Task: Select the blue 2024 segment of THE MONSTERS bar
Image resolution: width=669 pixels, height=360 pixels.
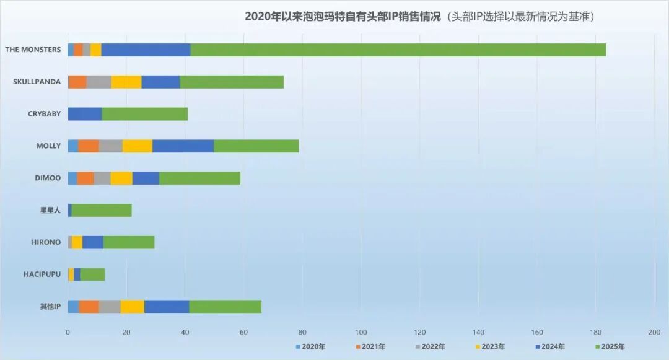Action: [x=146, y=50]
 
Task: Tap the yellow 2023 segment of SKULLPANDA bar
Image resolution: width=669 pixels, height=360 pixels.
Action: [x=126, y=82]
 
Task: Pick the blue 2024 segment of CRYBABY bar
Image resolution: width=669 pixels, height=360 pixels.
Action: [x=85, y=114]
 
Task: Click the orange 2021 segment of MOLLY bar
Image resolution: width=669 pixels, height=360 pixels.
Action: [x=89, y=146]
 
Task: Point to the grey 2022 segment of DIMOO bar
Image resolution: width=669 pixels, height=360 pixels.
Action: [x=102, y=178]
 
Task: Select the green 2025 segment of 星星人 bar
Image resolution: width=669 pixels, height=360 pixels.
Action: [x=102, y=211]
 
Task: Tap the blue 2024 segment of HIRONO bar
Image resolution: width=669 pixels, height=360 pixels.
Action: [x=93, y=242]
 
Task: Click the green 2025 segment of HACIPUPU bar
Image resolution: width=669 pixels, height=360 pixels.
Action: [x=92, y=274]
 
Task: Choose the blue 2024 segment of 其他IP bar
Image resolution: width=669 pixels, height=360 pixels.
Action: [x=167, y=307]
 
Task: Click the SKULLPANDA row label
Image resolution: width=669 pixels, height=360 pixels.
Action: [x=37, y=82]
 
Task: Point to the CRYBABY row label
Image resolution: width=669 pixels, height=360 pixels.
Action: [x=44, y=114]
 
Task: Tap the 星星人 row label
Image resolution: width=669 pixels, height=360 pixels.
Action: [x=50, y=211]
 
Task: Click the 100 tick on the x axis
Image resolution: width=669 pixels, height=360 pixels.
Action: [x=361, y=333]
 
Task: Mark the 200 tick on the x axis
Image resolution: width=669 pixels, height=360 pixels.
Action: [x=654, y=333]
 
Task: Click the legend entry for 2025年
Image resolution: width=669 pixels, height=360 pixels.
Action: [x=610, y=347]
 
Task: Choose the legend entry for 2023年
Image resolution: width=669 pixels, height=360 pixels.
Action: [x=489, y=347]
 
